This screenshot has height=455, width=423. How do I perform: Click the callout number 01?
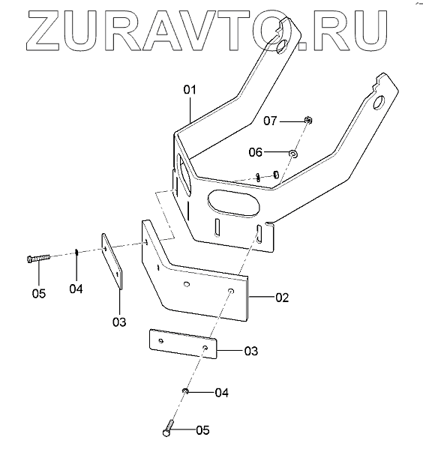click(x=190, y=90)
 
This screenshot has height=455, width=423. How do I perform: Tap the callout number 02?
click(x=282, y=298)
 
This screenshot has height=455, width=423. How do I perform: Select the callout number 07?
click(x=270, y=121)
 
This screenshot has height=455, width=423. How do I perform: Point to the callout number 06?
click(x=256, y=152)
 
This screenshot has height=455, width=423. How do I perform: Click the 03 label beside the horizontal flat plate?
click(x=251, y=351)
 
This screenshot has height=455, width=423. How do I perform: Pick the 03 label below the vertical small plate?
click(x=119, y=322)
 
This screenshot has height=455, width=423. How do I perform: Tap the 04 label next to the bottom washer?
click(x=222, y=393)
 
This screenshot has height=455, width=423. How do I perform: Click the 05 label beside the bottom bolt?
click(x=202, y=430)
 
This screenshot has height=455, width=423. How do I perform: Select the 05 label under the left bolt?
click(x=39, y=294)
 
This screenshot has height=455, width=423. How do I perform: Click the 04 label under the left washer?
click(x=76, y=289)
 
